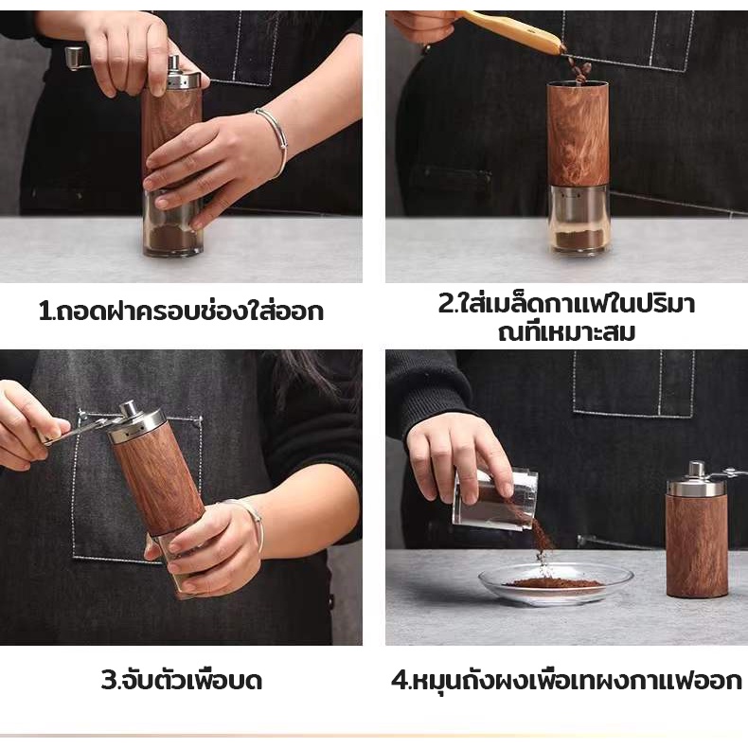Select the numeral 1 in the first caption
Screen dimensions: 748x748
point(45,311)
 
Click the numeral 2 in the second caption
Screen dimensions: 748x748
point(446,303)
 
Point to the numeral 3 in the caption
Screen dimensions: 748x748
point(108,680)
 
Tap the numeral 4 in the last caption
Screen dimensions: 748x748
point(399,680)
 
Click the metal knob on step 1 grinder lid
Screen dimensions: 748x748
point(174,62)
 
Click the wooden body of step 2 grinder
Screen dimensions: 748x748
point(579,134)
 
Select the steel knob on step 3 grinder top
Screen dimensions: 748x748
point(129,410)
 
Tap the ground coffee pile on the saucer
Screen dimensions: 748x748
point(553,583)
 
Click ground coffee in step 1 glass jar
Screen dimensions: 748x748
point(171,238)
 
